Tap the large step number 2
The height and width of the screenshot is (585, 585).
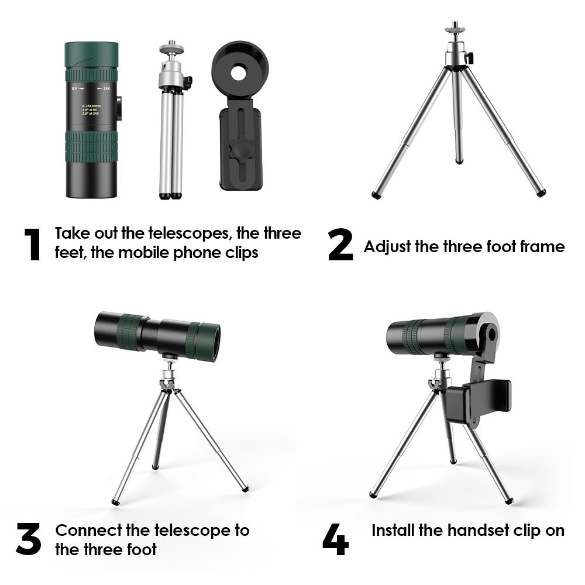[x=340, y=246]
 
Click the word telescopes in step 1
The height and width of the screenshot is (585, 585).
[x=175, y=233]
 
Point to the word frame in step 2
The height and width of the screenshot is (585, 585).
[x=542, y=246]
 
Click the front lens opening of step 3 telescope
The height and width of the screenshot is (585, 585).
[x=212, y=342]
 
